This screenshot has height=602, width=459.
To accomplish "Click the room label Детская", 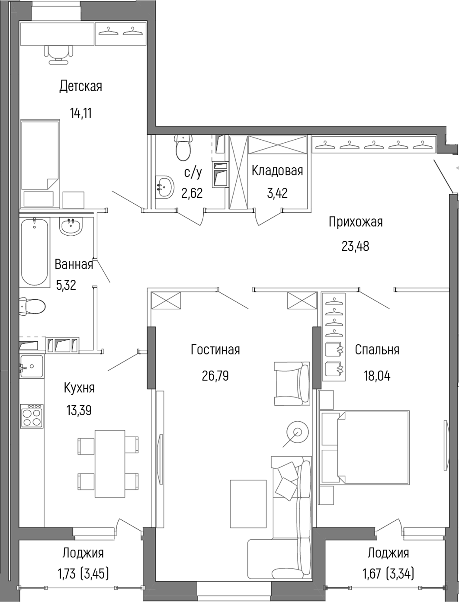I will (80, 86).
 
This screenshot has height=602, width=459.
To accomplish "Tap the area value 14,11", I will (80, 113).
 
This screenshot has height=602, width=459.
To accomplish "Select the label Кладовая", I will (277, 170).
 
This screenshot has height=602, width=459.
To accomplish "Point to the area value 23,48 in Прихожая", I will (355, 247).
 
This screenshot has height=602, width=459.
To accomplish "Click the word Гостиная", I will (215, 349).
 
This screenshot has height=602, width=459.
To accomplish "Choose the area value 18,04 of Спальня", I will (377, 376).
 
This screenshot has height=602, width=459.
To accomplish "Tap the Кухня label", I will (79, 387).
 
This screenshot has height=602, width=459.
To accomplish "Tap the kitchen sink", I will (32, 367).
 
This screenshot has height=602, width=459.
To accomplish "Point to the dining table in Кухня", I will (109, 464).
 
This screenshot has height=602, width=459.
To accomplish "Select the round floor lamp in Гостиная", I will (297, 431).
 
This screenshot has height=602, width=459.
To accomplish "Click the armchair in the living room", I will (292, 384).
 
